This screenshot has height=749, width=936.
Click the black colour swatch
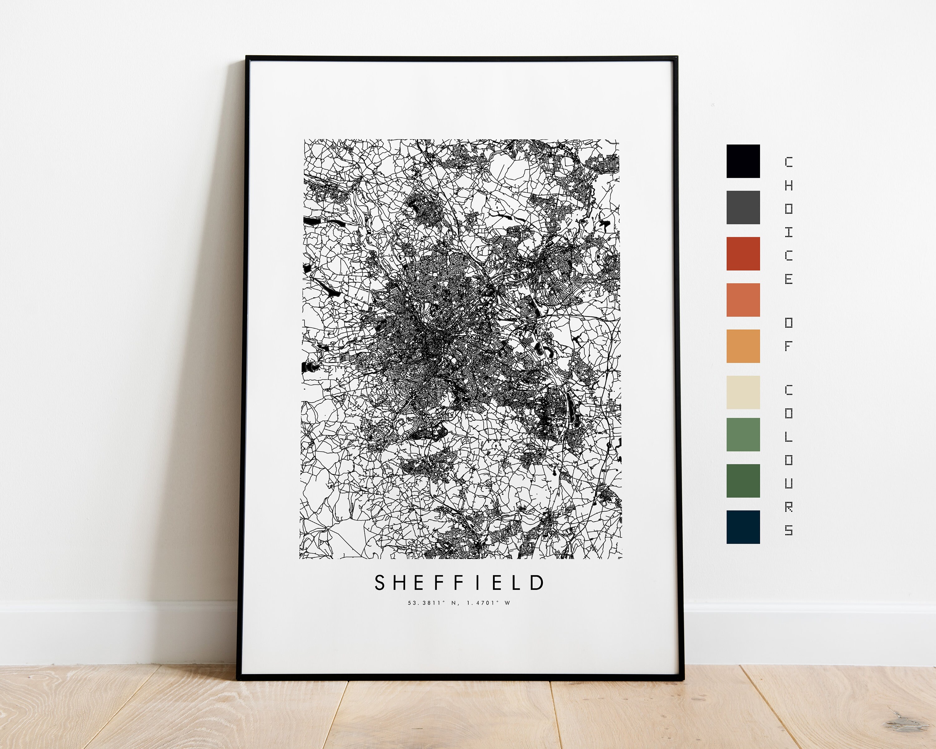[743, 161]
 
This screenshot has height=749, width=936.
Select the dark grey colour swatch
[743, 207]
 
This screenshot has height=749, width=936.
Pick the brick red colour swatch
[743, 254]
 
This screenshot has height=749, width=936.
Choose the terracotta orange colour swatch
[743, 300]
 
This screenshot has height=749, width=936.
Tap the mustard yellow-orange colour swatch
[743, 346]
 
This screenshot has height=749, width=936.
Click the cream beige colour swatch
[743, 392]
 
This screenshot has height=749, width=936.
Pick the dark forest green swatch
[743, 481]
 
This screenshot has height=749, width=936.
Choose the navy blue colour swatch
[743, 527]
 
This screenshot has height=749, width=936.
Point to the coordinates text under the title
[459, 603]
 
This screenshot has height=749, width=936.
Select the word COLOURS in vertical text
[788, 460]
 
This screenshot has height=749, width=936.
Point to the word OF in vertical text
[788, 334]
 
